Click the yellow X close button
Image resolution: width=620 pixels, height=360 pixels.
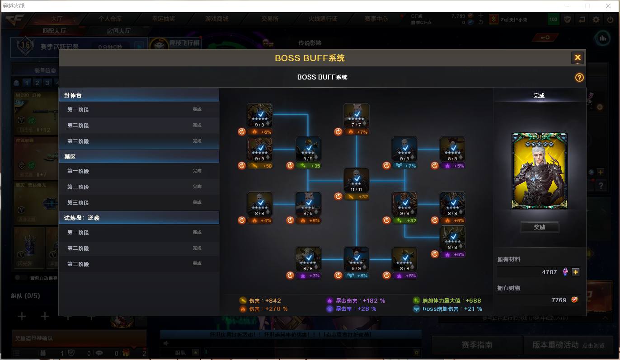577,58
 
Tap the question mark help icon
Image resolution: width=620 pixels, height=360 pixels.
579,78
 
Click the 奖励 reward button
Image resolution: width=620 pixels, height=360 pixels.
540,227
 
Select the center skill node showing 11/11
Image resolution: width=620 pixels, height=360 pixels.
356,180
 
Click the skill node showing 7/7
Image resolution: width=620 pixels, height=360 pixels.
356,115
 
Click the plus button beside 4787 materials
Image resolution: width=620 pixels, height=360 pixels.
575,272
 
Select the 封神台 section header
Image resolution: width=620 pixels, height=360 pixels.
139,95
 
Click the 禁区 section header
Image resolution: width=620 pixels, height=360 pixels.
139,157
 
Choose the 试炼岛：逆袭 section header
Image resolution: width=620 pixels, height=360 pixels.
139,218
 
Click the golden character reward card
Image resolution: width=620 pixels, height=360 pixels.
539,171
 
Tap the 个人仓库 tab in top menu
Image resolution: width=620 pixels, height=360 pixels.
110,19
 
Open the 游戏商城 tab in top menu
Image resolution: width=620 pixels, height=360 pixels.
216,19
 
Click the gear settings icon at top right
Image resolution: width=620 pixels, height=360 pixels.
596,19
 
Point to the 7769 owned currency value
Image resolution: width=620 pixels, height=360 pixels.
559,300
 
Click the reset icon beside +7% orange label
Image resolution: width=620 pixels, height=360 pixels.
338,132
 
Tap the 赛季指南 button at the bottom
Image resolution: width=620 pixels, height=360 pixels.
476,345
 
